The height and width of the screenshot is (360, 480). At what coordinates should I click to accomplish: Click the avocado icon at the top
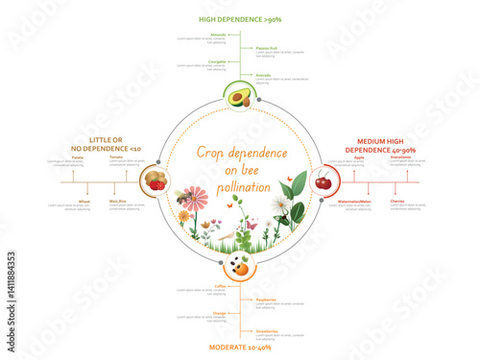coord(239,96)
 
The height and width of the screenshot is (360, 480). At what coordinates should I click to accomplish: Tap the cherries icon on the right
coord(323,180)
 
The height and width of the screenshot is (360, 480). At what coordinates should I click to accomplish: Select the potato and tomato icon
coord(155,180)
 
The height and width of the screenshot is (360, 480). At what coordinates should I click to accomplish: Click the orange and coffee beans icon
coord(239,266)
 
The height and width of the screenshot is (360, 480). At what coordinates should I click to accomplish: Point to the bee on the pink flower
coord(182,198)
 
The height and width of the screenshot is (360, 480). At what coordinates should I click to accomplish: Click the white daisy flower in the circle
coord(280,204)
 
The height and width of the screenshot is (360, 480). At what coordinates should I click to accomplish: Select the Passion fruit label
coord(268,47)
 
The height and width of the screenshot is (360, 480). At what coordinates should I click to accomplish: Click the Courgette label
coord(217,60)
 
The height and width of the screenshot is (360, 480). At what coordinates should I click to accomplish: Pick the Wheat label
coord(84,201)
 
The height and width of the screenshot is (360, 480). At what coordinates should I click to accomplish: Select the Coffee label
coord(220,285)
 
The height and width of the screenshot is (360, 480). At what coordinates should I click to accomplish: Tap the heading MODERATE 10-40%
coord(239,347)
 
